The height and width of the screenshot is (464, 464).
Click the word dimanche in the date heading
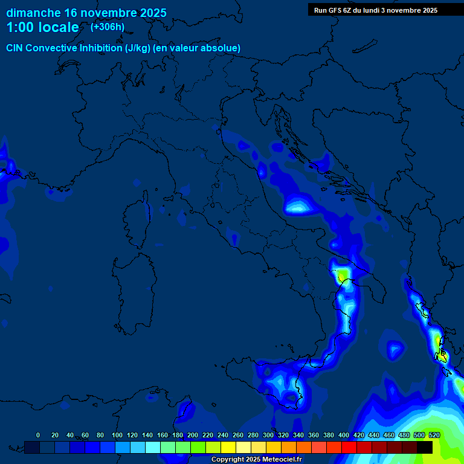33,13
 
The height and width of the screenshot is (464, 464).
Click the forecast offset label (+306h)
107,27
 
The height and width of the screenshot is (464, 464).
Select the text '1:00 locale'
42,27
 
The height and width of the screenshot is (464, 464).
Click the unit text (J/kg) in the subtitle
139,48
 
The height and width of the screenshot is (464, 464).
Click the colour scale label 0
38,435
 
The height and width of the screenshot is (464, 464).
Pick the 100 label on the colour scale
117,435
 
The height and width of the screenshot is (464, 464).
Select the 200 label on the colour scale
193,435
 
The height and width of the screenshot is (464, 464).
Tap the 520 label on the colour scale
434,435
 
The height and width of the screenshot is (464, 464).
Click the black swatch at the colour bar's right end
425,447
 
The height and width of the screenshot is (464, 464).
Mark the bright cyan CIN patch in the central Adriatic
298,207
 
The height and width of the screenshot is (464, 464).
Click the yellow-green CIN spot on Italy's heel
343,275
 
